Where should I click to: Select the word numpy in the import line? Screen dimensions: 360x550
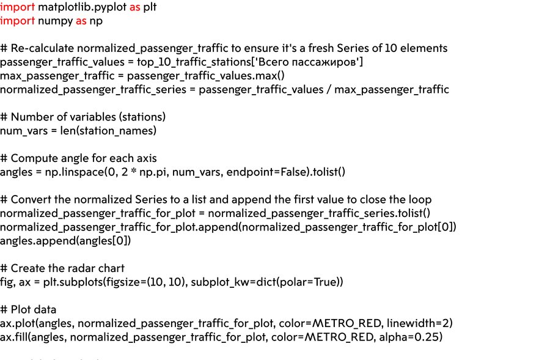coord(54,21)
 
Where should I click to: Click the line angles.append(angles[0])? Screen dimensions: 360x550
coord(65,241)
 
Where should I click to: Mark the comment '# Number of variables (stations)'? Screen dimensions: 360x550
coord(82,117)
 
